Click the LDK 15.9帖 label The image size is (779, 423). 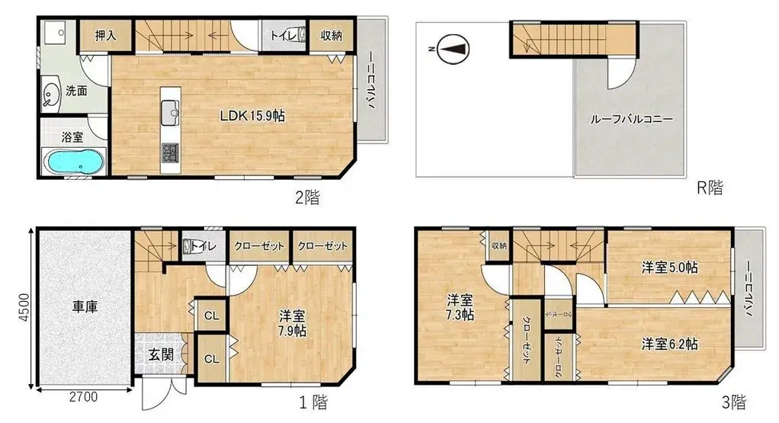coord(252,117)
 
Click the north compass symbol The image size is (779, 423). coord(450,50)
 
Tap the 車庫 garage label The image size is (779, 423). coord(85,307)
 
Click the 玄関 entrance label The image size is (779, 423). coord(159,354)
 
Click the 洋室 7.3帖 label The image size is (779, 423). coord(461,306)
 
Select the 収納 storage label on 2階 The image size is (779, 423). coord(330,35)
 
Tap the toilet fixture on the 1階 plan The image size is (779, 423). coord(191,246)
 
